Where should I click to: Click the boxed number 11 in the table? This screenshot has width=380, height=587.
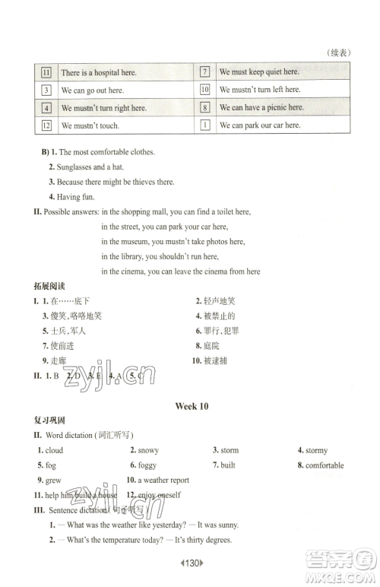(46, 72)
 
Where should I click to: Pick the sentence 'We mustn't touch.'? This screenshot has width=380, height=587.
(90, 125)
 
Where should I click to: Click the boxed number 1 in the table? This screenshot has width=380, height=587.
(204, 125)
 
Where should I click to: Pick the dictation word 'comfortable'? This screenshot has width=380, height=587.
(325, 465)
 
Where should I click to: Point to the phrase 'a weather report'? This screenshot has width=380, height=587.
(163, 480)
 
